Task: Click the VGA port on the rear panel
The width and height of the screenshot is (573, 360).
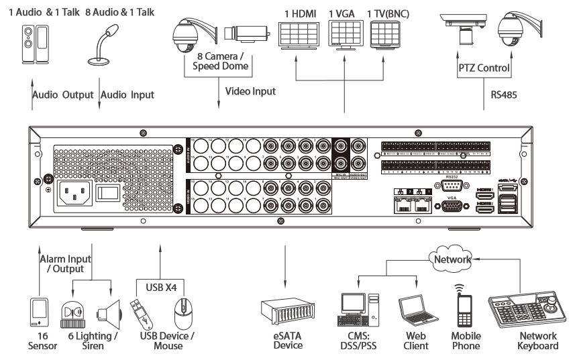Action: click(450, 206)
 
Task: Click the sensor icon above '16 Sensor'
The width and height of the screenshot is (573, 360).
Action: click(40, 311)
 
